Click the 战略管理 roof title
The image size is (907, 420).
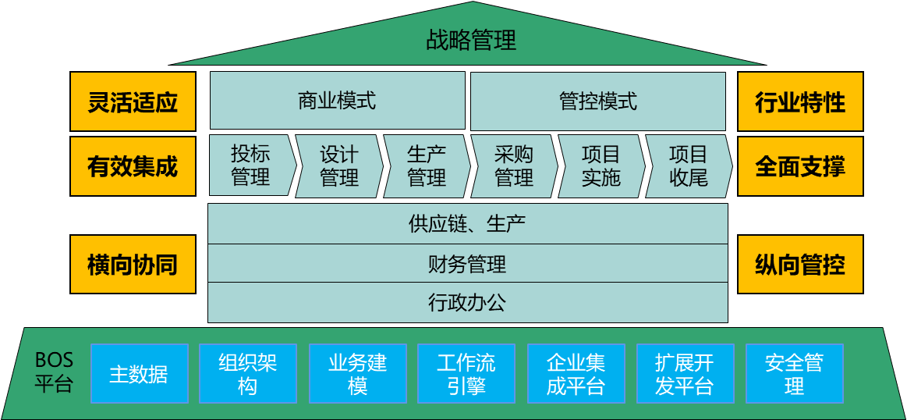(x=471, y=40)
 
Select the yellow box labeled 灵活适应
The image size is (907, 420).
(x=133, y=101)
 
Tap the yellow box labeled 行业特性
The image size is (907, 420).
(x=800, y=101)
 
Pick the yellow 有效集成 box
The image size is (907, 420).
(x=133, y=166)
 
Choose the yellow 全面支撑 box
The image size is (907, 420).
(x=800, y=166)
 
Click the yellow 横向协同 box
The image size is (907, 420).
(x=133, y=265)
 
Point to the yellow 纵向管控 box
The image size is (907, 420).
(x=800, y=265)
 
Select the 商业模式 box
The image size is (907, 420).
(x=337, y=101)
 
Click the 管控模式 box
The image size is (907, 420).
(x=597, y=101)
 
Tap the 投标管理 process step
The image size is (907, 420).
(x=250, y=166)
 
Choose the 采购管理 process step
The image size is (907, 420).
(x=514, y=166)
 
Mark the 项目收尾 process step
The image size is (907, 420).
(x=688, y=166)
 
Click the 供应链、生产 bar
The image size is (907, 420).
(x=467, y=224)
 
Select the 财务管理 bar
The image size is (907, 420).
(x=467, y=264)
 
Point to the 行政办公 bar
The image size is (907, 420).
(x=467, y=302)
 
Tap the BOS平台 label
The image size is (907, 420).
(x=54, y=372)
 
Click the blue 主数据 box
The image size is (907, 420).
(x=139, y=373)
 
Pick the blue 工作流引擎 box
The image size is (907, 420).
(x=466, y=373)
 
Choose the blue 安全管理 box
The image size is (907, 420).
(x=794, y=373)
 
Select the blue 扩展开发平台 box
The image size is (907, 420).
(x=685, y=373)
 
